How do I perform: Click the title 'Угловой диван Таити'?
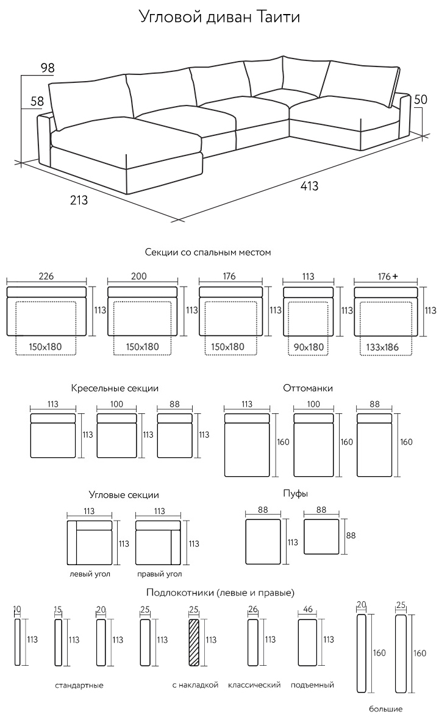click(220, 16)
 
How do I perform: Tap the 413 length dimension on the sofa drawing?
click(309, 187)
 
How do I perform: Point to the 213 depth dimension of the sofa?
click(79, 199)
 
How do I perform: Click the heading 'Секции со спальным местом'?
click(208, 252)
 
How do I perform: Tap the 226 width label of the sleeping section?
click(46, 276)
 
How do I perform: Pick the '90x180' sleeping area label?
click(309, 347)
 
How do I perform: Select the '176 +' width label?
click(387, 276)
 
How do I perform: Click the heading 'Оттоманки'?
click(308, 388)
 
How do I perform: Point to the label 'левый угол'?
click(90, 574)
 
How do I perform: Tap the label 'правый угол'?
click(160, 574)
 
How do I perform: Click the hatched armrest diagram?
click(195, 643)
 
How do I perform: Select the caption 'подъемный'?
click(313, 685)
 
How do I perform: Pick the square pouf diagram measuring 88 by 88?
click(321, 536)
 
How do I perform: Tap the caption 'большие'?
click(386, 709)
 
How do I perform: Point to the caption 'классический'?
click(254, 685)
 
